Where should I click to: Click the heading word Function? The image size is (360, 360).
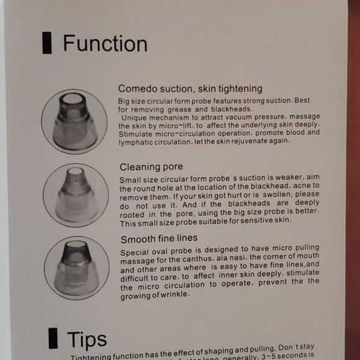coord(105,44)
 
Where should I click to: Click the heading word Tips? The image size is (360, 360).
coord(86,340)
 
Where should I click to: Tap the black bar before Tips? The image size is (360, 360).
coord(53,340)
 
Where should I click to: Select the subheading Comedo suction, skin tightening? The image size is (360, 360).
coord(190,88)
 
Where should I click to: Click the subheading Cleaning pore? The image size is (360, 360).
coord(151,166)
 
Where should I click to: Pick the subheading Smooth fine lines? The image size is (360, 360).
coord(159,238)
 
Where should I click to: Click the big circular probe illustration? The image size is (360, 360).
coord(74,122)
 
